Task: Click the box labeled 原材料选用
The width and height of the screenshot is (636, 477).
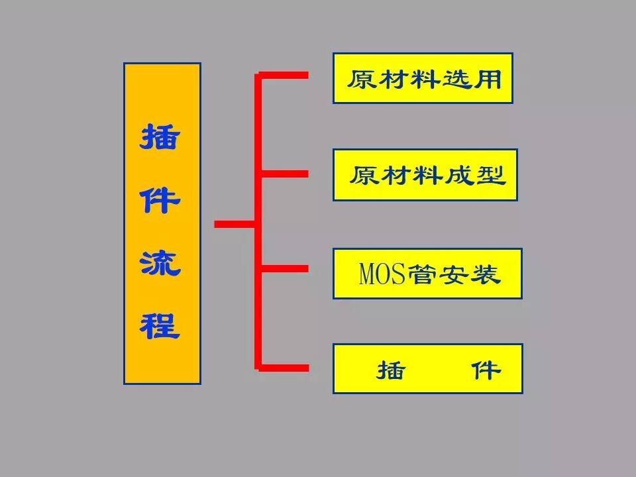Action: pyautogui.click(x=423, y=78)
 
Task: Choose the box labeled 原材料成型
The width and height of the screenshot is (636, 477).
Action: pyautogui.click(x=425, y=175)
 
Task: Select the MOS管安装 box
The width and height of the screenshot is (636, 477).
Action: pyautogui.click(x=427, y=274)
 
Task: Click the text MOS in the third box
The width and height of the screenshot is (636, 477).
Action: pyautogui.click(x=381, y=274)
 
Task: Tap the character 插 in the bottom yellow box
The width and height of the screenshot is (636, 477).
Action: pyautogui.click(x=390, y=370)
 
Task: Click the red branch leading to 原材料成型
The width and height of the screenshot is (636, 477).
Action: pyautogui.click(x=285, y=174)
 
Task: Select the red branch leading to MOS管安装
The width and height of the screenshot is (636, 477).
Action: pyautogui.click(x=285, y=268)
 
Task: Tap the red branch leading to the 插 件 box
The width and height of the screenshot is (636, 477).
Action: pyautogui.click(x=285, y=366)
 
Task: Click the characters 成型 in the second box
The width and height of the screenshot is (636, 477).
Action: pyautogui.click(x=481, y=176)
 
